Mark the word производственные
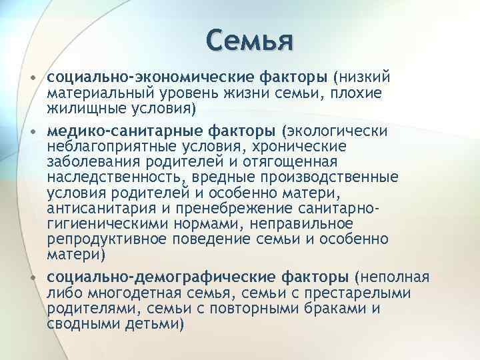click(x=333, y=177)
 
